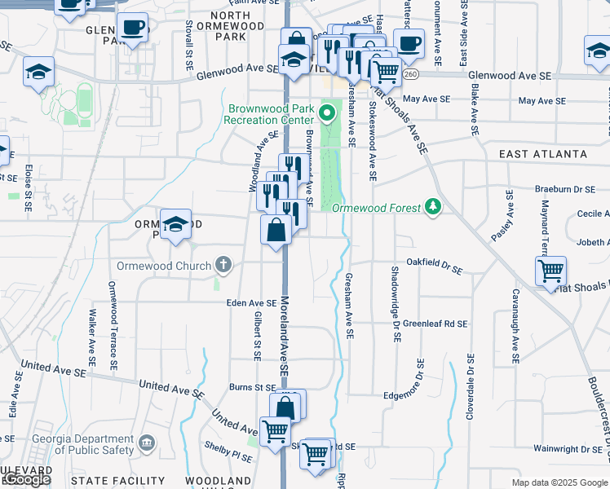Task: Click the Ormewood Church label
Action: point(163,266)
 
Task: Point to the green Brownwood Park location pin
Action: point(328,112)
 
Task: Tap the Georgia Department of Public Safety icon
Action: point(146,443)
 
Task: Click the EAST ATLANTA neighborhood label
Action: point(542,154)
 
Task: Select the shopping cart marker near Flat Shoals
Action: point(551,271)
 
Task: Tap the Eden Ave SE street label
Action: point(252,302)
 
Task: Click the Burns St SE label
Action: point(253,388)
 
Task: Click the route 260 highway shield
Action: point(409,74)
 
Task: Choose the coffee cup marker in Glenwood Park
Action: point(132,29)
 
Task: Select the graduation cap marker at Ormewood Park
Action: point(175,225)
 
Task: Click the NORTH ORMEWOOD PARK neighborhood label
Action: point(236,26)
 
